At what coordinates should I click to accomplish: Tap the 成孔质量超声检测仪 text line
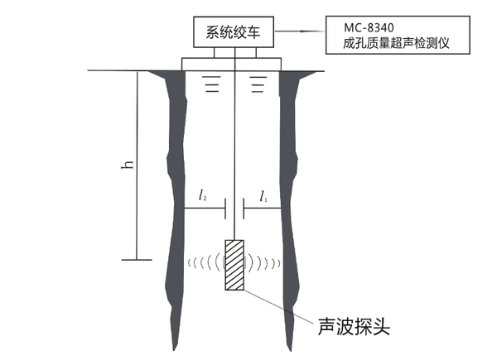coord(388,41)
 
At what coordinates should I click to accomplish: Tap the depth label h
coord(128,165)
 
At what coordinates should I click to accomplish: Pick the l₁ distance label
coord(263,196)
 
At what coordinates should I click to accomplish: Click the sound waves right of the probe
coord(263,264)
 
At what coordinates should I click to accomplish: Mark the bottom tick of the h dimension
coord(138,258)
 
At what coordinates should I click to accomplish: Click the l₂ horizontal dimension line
coord(204,209)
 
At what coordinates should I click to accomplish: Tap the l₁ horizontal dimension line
coord(263,209)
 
